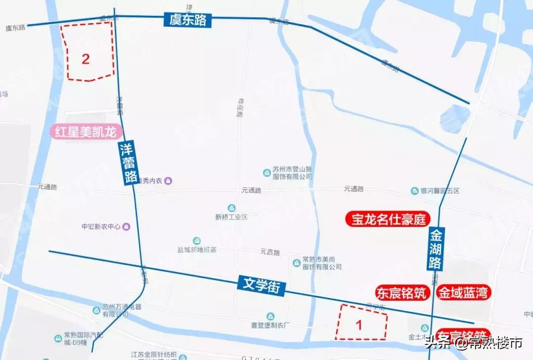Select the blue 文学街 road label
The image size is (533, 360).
262,286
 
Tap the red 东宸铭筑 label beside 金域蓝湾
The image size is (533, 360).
401,293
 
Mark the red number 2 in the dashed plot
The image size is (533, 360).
86,59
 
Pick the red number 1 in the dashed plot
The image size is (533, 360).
359,325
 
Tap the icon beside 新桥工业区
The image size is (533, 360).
231,207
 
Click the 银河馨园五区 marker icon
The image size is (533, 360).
415,191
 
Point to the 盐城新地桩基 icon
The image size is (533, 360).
197,240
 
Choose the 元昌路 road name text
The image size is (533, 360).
270,252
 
